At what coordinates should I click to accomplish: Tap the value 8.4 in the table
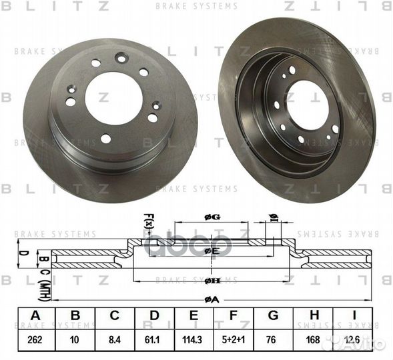click(114, 340)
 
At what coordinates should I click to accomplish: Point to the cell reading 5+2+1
click(236, 340)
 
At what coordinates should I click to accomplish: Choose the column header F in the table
click(236, 317)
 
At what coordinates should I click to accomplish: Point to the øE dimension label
click(212, 251)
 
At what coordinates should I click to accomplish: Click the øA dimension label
click(213, 299)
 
